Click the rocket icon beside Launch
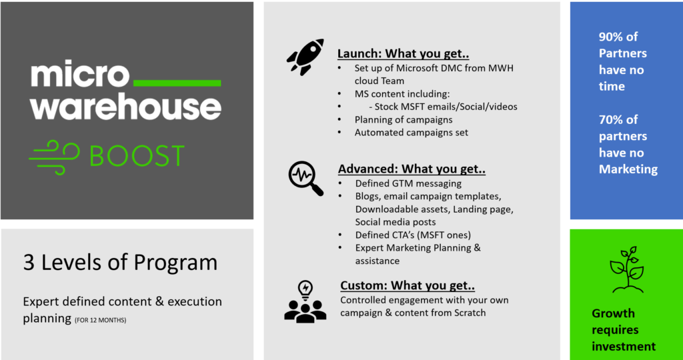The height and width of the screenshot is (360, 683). (305, 57)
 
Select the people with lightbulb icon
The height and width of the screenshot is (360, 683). (305, 302)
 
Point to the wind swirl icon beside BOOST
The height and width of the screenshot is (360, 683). (54, 157)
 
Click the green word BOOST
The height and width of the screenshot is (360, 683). (137, 155)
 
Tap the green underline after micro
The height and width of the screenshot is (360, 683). (176, 83)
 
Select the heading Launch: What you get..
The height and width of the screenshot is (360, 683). (404, 55)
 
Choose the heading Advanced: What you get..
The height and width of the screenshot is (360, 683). (412, 169)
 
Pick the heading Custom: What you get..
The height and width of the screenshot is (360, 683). (408, 285)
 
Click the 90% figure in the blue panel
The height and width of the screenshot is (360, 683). (612, 37)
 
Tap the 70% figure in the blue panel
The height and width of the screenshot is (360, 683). (612, 119)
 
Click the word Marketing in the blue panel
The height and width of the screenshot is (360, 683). (628, 169)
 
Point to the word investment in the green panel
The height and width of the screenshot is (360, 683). (624, 346)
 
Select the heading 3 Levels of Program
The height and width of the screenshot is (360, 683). (120, 263)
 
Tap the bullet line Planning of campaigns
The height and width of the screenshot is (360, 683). (404, 119)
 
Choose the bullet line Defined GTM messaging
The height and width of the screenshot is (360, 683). (408, 184)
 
